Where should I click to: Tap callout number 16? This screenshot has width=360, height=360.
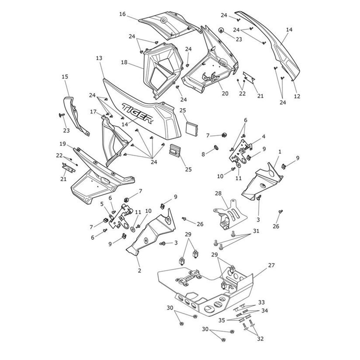tap(122, 14)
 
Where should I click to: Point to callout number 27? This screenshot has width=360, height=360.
tap(271, 265)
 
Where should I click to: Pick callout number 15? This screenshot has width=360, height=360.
tap(65, 77)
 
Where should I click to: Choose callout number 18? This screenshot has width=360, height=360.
tap(124, 62)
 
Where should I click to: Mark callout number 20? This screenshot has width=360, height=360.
tap(225, 93)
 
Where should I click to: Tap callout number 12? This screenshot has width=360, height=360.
tap(297, 96)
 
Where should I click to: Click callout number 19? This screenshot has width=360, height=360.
tap(62, 144)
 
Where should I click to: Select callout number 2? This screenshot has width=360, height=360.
tap(139, 271)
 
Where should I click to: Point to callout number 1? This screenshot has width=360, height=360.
tap(280, 152)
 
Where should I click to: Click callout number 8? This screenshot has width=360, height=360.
tap(203, 154)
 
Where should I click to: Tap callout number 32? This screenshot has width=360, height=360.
tap(260, 339)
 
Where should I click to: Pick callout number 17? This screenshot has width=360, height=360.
tap(93, 112)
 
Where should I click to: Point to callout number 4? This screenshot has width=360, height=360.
tap(263, 136)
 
